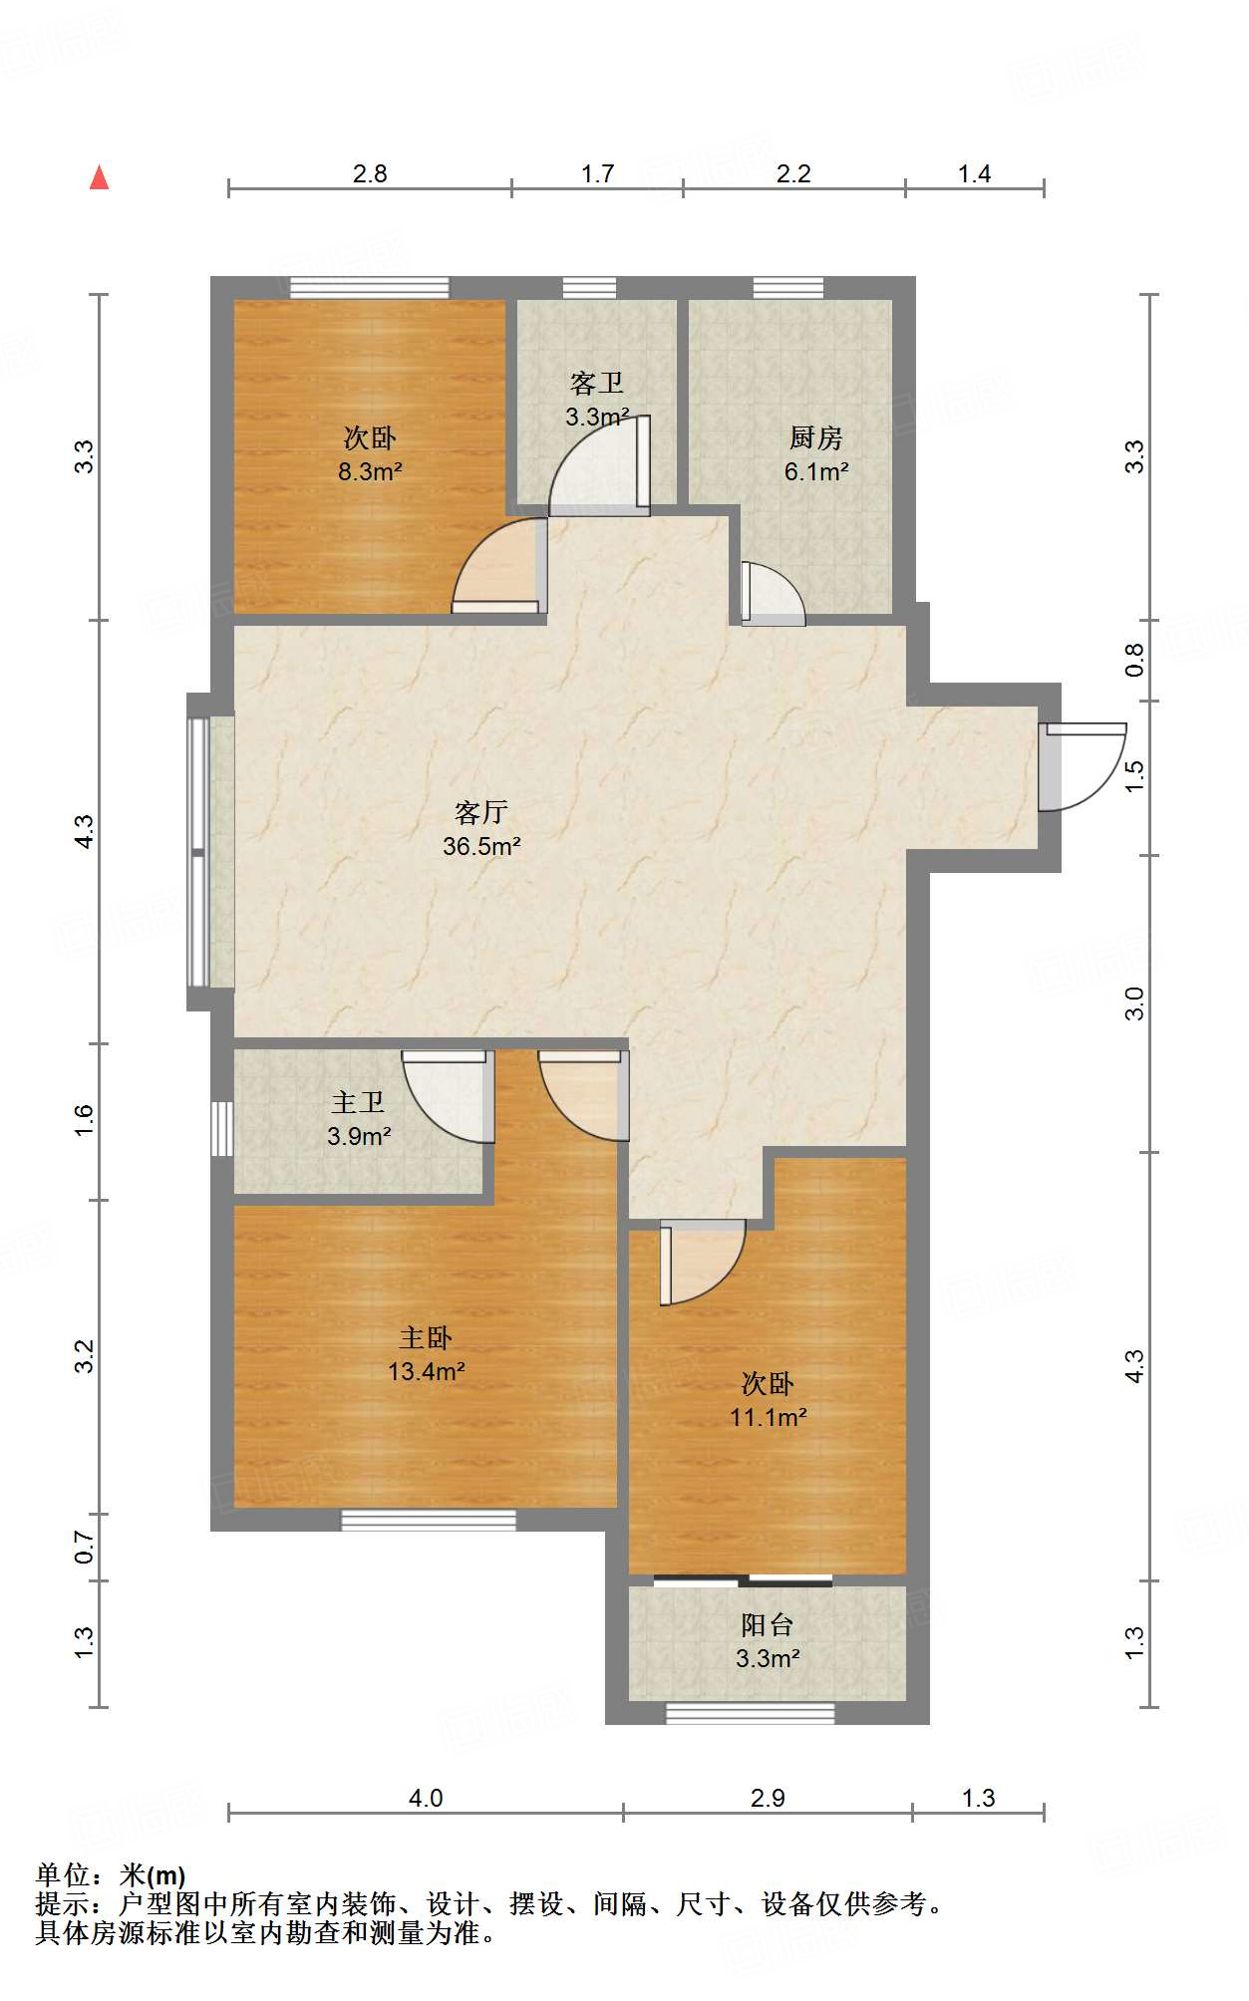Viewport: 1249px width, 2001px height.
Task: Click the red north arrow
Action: (x=99, y=177)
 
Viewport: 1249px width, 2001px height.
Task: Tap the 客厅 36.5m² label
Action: (x=481, y=829)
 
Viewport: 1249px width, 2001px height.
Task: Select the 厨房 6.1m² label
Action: (x=815, y=454)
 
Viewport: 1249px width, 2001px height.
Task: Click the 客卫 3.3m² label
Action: (x=597, y=400)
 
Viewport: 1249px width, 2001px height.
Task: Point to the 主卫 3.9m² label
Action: (x=358, y=1119)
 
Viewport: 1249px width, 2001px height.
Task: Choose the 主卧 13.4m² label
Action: (x=426, y=1354)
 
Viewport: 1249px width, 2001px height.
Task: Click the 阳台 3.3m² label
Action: (x=768, y=1641)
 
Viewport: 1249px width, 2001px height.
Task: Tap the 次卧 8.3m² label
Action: (x=369, y=454)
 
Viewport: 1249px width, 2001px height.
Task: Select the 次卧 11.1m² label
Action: (x=768, y=1400)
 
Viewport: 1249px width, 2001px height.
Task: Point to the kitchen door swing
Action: (x=774, y=595)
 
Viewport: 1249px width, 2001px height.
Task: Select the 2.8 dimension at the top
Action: (x=369, y=174)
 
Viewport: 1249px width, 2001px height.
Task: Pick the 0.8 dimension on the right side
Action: (x=1134, y=660)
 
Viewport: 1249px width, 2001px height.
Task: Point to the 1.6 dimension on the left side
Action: (x=85, y=1120)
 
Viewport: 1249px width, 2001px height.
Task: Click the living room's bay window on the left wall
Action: (x=200, y=852)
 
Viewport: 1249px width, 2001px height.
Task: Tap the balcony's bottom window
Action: (x=750, y=1714)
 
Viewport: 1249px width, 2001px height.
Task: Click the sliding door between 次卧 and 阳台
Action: (x=743, y=1580)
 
